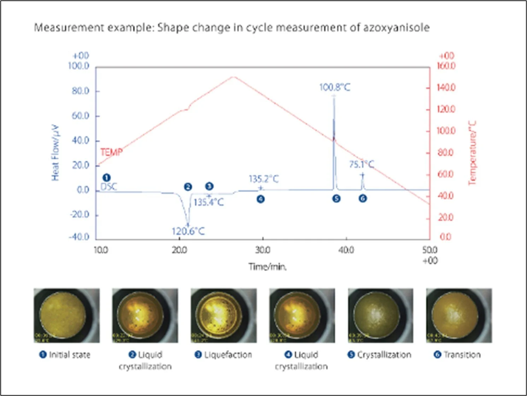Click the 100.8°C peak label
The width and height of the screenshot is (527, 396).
(335, 87)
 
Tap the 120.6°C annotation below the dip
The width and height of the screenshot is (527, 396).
(188, 231)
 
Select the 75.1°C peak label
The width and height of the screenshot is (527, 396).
(361, 165)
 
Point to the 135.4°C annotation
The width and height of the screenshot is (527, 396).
(209, 202)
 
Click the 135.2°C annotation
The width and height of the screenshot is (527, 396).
(264, 179)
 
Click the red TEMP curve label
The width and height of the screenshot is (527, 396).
(111, 152)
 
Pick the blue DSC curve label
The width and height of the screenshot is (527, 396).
(109, 187)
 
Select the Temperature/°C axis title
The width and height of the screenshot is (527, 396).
(472, 153)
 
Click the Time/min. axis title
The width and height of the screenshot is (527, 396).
(267, 267)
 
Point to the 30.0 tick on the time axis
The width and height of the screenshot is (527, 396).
(263, 250)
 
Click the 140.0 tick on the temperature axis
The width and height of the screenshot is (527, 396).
(446, 87)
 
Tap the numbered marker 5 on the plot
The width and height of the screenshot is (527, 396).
(336, 199)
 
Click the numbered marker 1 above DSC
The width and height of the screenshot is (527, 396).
(106, 177)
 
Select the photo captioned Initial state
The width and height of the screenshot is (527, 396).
(66, 315)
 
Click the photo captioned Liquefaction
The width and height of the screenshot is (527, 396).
(223, 315)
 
